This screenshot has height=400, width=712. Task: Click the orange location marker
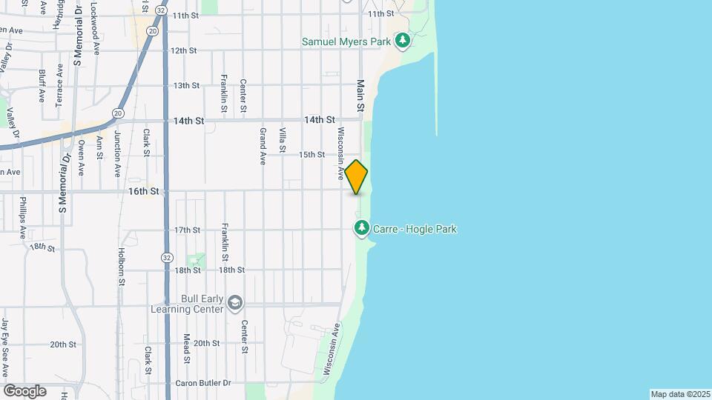point(356,177)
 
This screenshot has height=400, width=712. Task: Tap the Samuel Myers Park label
point(346,41)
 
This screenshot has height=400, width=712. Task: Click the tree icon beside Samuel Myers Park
point(402,41)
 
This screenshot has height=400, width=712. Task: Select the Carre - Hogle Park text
point(415,230)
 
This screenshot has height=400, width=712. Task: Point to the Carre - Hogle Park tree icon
point(361,228)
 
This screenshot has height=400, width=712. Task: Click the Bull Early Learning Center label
point(187,304)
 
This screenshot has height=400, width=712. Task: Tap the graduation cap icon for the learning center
point(235,303)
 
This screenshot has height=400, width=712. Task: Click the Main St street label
point(361,96)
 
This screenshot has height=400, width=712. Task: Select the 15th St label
point(311,155)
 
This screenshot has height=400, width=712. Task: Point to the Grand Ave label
point(263,145)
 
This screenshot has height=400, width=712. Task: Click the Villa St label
point(283,140)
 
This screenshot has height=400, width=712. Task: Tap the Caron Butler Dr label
point(204,383)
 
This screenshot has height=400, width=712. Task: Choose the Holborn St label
point(121,266)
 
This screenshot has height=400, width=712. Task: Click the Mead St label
point(187,348)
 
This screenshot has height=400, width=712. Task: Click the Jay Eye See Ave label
point(5,347)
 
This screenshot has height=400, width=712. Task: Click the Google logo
point(24,391)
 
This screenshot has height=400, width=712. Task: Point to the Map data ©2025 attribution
point(679,394)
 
